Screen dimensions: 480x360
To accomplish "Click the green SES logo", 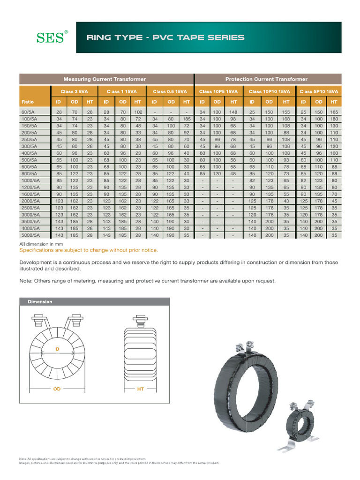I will pyautogui.click(x=52, y=37).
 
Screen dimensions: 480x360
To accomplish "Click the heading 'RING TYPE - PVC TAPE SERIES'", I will pyautogui.click(x=165, y=37).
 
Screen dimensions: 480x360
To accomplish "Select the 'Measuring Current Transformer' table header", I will pyautogui.click(x=105, y=79).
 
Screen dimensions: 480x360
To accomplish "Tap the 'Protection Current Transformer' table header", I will pyautogui.click(x=266, y=79).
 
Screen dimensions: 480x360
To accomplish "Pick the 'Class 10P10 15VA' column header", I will pyautogui.click(x=269, y=91).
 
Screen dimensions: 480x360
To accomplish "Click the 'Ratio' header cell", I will pyautogui.click(x=27, y=102).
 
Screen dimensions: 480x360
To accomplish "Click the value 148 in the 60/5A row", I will pyautogui.click(x=233, y=112).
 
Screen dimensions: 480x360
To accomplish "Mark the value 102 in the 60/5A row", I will pyautogui.click(x=138, y=112).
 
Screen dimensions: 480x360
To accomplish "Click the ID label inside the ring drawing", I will pyautogui.click(x=57, y=349).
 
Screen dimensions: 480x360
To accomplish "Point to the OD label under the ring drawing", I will pyautogui.click(x=57, y=389).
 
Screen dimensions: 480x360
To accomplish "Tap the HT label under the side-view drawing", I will pyautogui.click(x=140, y=389).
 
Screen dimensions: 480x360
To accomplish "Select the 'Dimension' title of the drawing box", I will pyautogui.click(x=40, y=302).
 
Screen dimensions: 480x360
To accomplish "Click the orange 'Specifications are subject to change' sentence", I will pyautogui.click(x=89, y=250).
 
